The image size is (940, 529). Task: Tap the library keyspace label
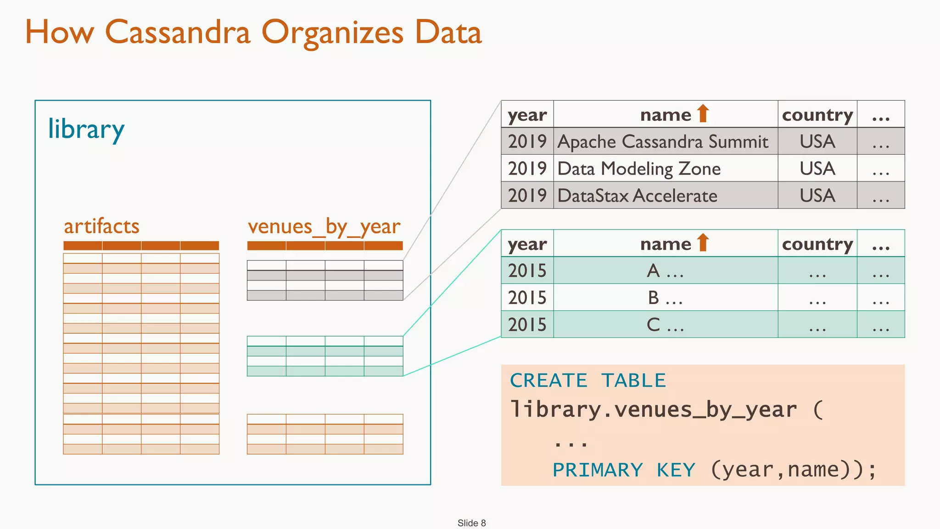(x=86, y=129)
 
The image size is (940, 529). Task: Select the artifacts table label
(x=101, y=226)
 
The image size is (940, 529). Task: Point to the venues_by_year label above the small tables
(x=324, y=226)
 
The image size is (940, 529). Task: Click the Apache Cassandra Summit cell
(x=662, y=141)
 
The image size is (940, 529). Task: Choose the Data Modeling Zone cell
(x=639, y=169)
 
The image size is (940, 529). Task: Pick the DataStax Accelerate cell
(x=637, y=196)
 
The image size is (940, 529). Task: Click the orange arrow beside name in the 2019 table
(x=703, y=113)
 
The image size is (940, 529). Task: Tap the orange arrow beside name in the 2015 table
(x=703, y=242)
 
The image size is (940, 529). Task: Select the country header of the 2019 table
(x=817, y=115)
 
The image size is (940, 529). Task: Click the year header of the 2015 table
(x=527, y=244)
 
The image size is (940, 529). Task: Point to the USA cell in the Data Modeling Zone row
(x=817, y=169)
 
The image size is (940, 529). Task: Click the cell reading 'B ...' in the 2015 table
(x=665, y=298)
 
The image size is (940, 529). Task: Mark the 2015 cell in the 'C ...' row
(x=527, y=325)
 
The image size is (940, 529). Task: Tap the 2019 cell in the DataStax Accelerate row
(x=527, y=196)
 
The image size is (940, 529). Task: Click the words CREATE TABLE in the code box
(x=588, y=381)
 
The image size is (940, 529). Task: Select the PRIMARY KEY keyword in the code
(x=624, y=470)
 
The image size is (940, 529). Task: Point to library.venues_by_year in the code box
(x=654, y=409)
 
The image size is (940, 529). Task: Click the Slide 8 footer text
(x=471, y=523)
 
